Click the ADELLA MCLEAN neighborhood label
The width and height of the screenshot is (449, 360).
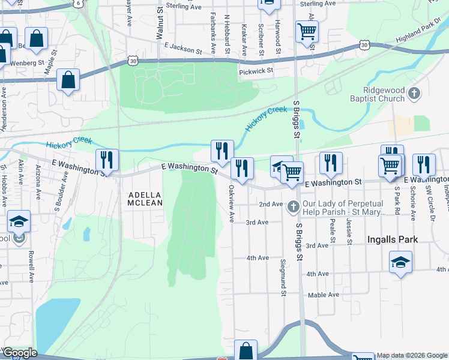click(145, 199)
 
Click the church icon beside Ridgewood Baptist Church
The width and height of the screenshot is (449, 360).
click(414, 94)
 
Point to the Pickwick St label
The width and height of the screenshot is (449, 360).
click(256, 71)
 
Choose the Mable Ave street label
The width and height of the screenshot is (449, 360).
click(323, 295)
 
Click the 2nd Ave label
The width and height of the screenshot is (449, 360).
click(270, 204)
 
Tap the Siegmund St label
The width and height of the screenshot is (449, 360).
click(283, 277)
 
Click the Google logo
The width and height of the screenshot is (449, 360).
click(19, 353)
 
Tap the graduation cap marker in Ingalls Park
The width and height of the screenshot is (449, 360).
click(400, 262)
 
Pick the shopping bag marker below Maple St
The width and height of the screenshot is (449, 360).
click(68, 79)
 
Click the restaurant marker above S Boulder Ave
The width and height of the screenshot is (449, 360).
click(107, 160)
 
